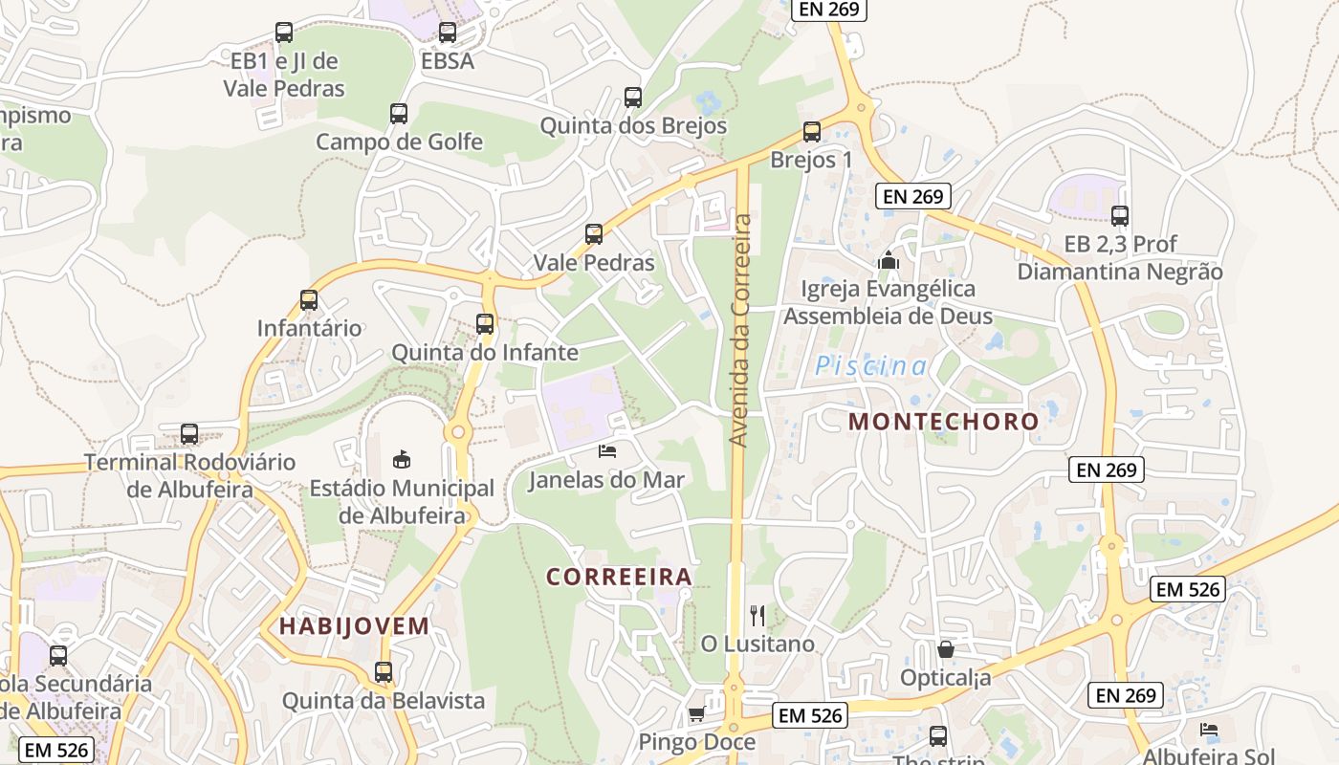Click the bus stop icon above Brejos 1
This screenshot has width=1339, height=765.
(812, 132)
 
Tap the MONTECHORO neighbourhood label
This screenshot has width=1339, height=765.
(943, 421)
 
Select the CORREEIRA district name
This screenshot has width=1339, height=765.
(619, 576)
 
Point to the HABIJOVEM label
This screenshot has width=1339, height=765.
(354, 626)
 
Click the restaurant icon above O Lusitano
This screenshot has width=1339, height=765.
(757, 615)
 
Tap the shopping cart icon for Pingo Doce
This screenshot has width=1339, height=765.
(696, 714)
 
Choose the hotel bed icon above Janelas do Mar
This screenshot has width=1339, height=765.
(607, 450)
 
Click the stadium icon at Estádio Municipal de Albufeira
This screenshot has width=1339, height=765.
(402, 460)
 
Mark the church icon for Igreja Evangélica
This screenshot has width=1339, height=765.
(888, 259)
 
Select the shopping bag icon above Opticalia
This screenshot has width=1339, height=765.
(946, 649)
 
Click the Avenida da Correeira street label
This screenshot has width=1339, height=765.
(739, 330)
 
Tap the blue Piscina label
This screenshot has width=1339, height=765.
(870, 366)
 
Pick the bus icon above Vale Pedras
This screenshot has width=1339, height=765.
(594, 234)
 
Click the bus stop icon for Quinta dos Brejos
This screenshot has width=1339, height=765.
(633, 98)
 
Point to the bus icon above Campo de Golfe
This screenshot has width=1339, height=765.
(399, 114)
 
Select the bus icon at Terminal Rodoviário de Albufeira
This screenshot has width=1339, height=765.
(189, 434)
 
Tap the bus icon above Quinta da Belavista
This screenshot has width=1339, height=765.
(384, 672)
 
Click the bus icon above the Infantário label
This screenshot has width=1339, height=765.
(309, 300)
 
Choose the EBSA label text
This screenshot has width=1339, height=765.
(448, 61)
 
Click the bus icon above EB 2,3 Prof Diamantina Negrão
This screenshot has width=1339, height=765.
(1120, 216)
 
